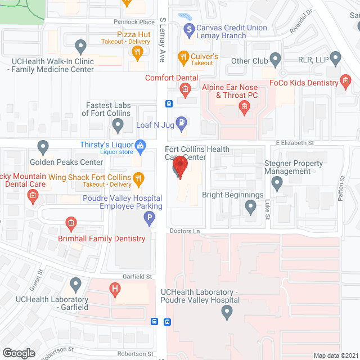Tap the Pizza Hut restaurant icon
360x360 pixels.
137,53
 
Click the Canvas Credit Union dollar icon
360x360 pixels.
188,28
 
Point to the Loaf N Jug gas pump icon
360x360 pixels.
182,121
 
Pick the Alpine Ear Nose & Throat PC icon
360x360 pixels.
244,107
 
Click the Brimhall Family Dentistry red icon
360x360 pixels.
71,224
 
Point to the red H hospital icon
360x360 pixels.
115,290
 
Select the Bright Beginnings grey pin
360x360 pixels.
251,207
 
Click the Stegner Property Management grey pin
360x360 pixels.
277,183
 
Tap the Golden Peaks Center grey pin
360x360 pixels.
43,148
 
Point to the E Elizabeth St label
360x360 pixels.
294,143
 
